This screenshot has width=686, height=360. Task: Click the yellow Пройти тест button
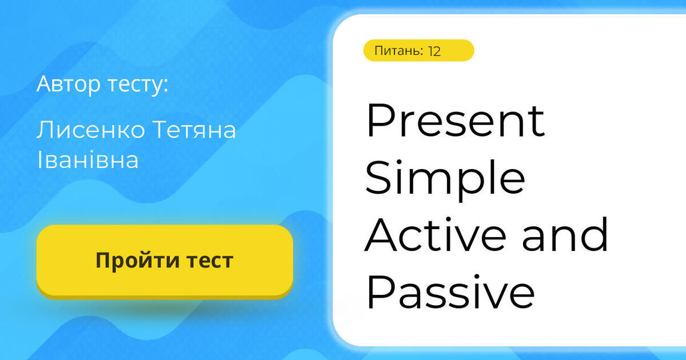click(165, 261)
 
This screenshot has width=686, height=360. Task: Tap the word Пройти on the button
click(129, 261)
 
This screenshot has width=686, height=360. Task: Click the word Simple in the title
click(445, 178)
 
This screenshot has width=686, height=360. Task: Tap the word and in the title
click(565, 235)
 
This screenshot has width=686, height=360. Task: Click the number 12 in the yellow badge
click(434, 51)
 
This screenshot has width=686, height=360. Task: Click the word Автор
click(69, 84)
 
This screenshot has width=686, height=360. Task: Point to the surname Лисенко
click(91, 130)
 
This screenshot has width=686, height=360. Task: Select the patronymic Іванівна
click(87, 160)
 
